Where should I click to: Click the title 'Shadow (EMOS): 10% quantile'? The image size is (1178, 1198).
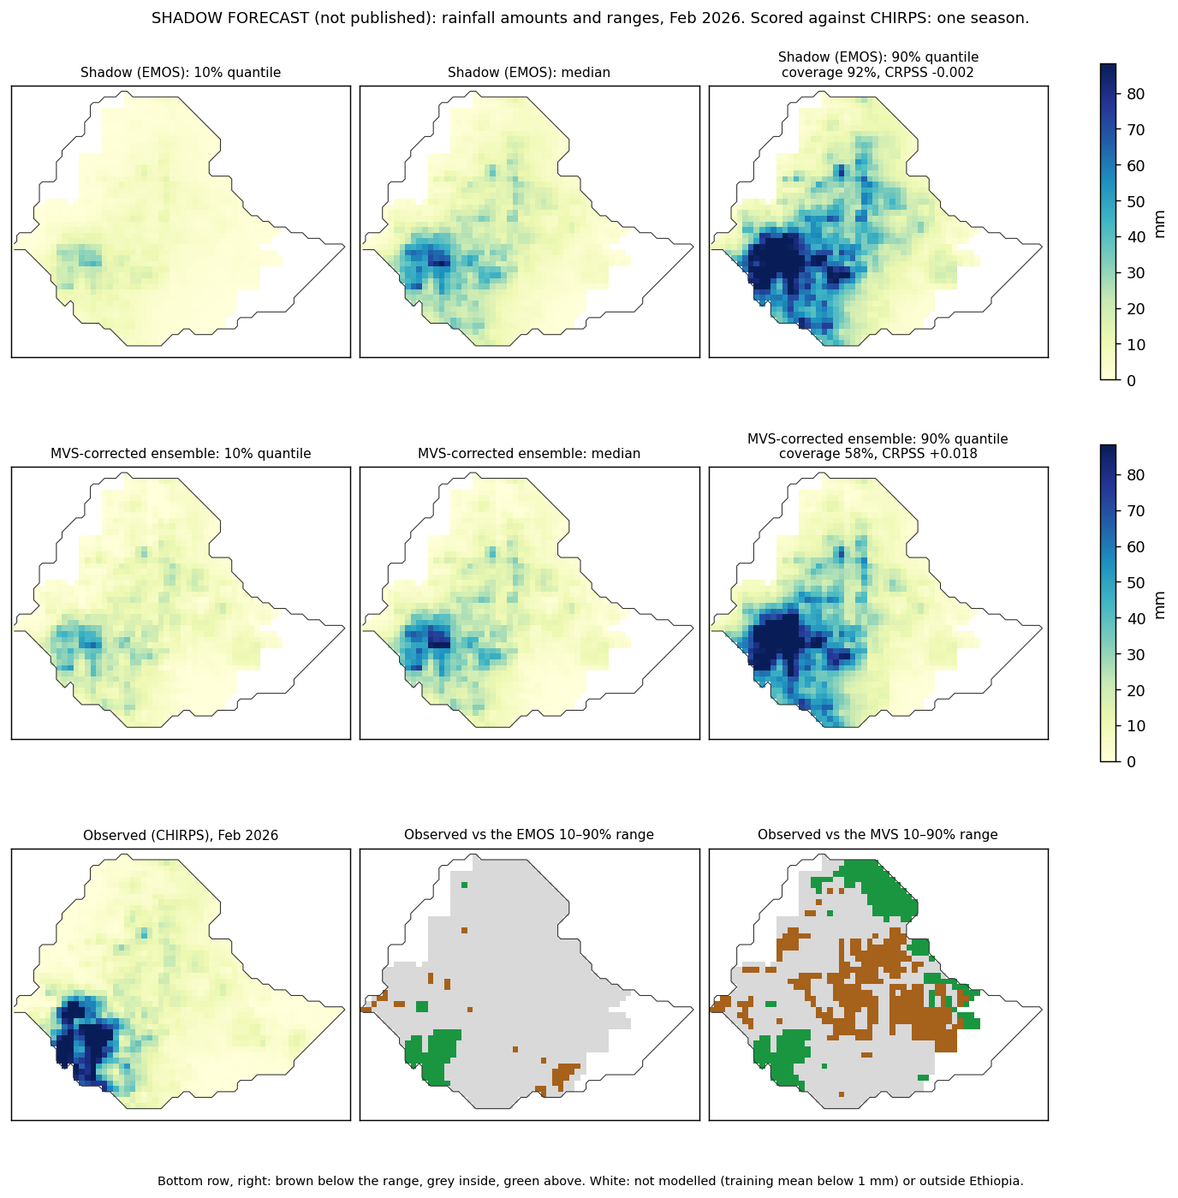181,73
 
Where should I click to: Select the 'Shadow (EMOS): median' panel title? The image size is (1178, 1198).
529,73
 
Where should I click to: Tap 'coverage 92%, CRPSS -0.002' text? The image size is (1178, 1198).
878,73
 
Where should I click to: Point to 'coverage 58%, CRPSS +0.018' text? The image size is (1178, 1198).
878,454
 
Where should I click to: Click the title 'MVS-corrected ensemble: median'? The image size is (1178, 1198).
529,454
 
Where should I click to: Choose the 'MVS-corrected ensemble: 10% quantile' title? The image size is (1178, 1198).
181,454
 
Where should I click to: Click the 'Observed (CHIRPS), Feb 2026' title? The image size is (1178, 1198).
181,835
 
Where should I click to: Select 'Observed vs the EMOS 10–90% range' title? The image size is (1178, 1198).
529,834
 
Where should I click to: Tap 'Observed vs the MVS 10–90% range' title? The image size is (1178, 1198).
878,834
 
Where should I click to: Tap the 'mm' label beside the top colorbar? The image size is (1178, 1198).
1159,224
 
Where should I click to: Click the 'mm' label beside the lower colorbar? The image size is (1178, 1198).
1159,605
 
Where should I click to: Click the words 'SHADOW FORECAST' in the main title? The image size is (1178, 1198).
230,18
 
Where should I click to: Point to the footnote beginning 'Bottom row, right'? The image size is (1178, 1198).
590,1181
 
